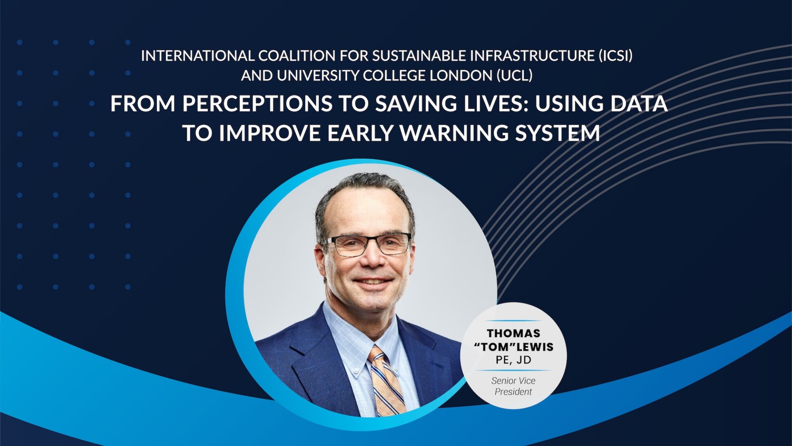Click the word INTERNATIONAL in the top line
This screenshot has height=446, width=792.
(198, 56)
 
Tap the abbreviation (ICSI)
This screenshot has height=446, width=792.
(615, 56)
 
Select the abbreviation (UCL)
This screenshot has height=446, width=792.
(514, 76)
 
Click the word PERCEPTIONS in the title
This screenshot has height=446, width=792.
(257, 104)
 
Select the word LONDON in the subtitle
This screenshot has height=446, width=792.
(461, 76)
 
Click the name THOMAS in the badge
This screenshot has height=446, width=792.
(514, 333)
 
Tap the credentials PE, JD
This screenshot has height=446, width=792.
(514, 360)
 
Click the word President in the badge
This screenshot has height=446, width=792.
(513, 391)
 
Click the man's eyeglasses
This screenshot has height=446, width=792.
(367, 244)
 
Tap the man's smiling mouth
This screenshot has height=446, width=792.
(373, 282)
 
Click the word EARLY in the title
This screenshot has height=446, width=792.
(361, 133)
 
